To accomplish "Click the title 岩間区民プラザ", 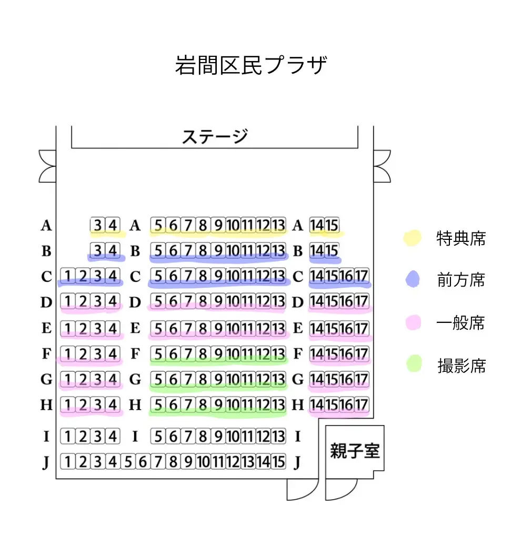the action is pos(251,65).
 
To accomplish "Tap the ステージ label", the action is pos(214,137).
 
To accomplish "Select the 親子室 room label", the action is pos(355,450).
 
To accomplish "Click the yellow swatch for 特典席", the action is pos(413,238).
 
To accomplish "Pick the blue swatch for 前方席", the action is pos(413,279).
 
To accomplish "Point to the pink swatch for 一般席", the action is pos(413,322).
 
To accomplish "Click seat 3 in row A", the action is pos(98,225).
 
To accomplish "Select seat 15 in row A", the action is pos(332,225).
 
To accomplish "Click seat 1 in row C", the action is pos(68,276).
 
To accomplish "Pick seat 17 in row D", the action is pos(362,302).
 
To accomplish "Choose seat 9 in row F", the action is pos(218,354).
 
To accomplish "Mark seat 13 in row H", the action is pos(278,405).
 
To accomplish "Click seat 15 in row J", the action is pos(278,462).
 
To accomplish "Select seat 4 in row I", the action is pos(113,436).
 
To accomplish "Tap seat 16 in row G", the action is pos(347,379).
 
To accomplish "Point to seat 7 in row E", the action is pos(188,329).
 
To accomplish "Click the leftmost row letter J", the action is pos(47,462).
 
